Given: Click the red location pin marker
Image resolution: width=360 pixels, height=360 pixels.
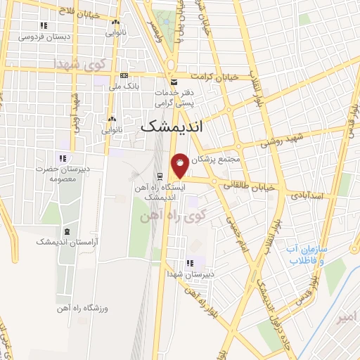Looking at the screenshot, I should pyautogui.click(x=180, y=166).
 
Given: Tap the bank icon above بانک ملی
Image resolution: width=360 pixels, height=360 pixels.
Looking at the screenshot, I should pyautogui.click(x=124, y=76).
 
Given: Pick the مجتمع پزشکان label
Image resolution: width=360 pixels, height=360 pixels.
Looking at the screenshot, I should pyautogui.click(x=219, y=160).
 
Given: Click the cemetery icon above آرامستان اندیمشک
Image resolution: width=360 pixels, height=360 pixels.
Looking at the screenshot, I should pyautogui.click(x=67, y=231).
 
